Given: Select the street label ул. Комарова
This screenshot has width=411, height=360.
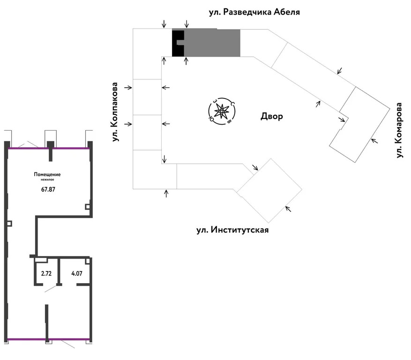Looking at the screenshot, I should (x=399, y=130).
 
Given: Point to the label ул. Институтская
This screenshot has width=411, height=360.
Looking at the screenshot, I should (x=232, y=230).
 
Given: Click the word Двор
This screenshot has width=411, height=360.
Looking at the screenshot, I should (x=272, y=116).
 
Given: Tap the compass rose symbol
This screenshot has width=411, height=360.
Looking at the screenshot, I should (x=221, y=112).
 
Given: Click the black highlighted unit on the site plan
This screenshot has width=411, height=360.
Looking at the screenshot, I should (x=178, y=43).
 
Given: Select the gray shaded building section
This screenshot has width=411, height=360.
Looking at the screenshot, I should (x=212, y=43).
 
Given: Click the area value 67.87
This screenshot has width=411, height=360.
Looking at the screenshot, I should (x=47, y=190).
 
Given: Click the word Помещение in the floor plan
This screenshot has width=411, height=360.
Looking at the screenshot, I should (x=47, y=175).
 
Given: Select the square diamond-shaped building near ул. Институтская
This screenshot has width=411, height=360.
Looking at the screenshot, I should (x=269, y=190).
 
